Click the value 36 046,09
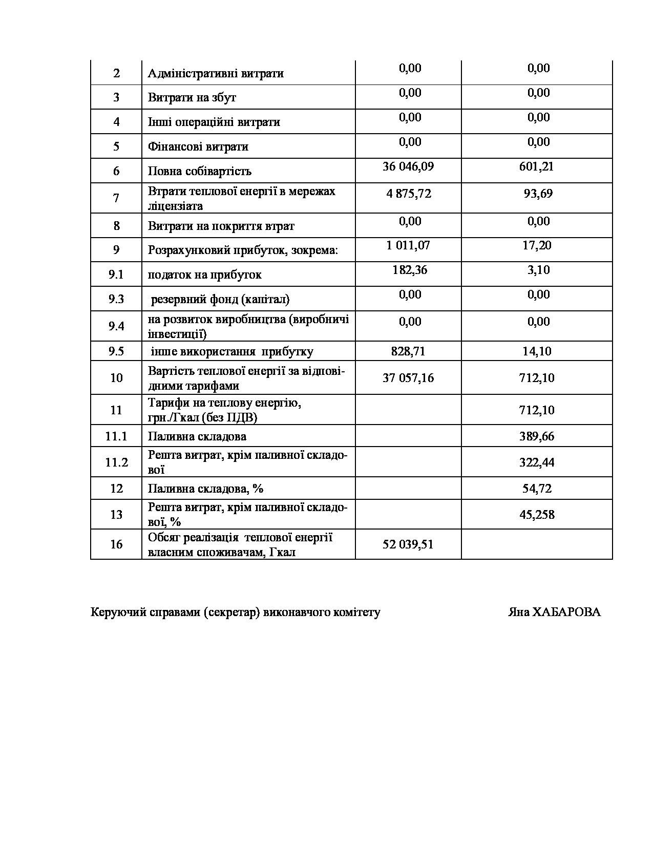pyautogui.click(x=408, y=166)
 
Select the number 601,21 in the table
pyautogui.click(x=536, y=166)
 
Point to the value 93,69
pyautogui.click(x=538, y=194)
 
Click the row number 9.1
pyautogui.click(x=116, y=274)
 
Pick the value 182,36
pyautogui.click(x=410, y=270)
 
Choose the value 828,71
pyautogui.click(x=408, y=351)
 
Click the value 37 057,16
pyautogui.click(x=408, y=378)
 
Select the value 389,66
pyautogui.click(x=537, y=436)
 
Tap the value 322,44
pyautogui.click(x=537, y=462)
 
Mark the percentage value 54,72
pyautogui.click(x=537, y=489)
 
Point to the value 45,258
pyautogui.click(x=537, y=515)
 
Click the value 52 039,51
pyautogui.click(x=408, y=544)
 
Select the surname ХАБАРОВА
pyautogui.click(x=567, y=612)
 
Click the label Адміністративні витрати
pyautogui.click(x=216, y=73)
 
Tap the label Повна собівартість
pyautogui.click(x=200, y=171)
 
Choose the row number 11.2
pyautogui.click(x=116, y=462)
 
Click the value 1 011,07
pyautogui.click(x=408, y=245)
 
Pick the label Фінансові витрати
pyautogui.click(x=198, y=147)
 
